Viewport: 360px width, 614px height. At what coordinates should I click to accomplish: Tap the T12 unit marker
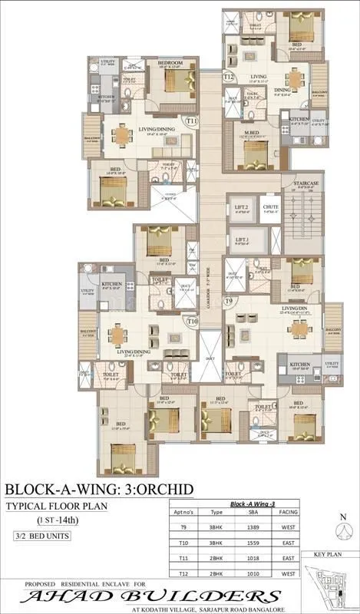coord(228,77)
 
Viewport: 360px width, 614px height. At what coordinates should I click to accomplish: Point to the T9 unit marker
coord(228,301)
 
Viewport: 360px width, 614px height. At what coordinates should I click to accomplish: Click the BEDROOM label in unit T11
coord(170,63)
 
